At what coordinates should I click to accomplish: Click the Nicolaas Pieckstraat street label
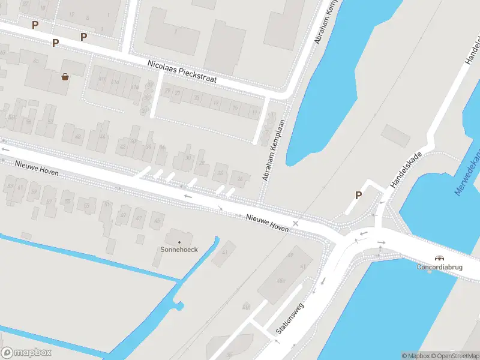click(x=182, y=71)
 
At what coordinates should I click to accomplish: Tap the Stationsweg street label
click(x=290, y=319)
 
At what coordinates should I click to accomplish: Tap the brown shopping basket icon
click(x=64, y=76)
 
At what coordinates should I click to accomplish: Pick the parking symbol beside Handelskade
click(x=359, y=195)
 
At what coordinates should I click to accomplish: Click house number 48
click(x=77, y=137)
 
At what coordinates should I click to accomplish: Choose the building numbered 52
click(x=50, y=122)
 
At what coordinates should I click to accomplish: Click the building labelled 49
click(x=124, y=215)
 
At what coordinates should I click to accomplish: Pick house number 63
click(x=10, y=185)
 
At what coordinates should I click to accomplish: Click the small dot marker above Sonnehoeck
click(x=179, y=242)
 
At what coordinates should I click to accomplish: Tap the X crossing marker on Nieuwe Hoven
click(x=295, y=223)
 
